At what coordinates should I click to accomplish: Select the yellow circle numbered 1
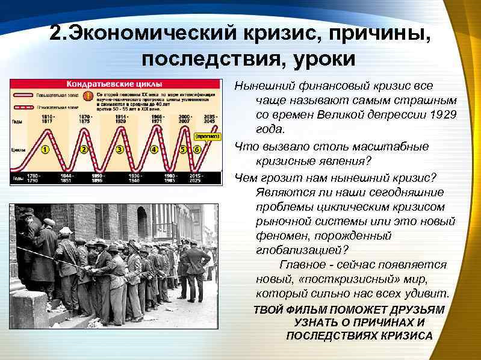pyautogui.click(x=45, y=149)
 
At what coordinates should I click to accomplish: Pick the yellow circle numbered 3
pyautogui.click(x=120, y=149)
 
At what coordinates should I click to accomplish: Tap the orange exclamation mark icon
pyautogui.click(x=89, y=96)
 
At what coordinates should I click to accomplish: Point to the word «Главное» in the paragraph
pyautogui.click(x=302, y=265)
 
